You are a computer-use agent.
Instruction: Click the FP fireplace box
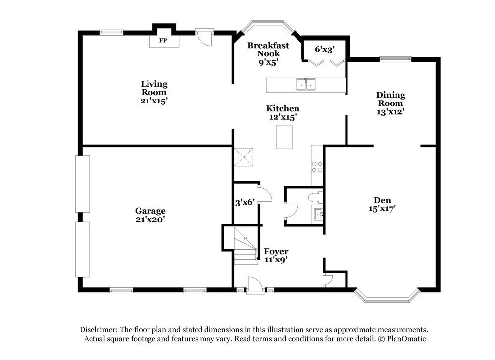[162, 41]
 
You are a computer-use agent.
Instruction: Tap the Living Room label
[154, 88]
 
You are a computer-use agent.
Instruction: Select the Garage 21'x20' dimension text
[150, 219]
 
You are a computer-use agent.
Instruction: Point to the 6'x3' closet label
[325, 49]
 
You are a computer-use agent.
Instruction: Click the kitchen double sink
[306, 85]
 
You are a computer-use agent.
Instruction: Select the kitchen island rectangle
[284, 137]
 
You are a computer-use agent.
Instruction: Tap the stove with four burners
[317, 167]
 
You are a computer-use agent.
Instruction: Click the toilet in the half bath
[315, 198]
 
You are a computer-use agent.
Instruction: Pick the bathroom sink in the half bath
[318, 214]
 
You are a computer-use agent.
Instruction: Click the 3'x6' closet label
[245, 202]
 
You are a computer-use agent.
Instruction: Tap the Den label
[382, 200]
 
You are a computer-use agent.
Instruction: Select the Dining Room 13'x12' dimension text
[391, 112]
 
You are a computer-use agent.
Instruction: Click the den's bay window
[387, 296]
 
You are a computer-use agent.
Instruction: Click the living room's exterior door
[203, 37]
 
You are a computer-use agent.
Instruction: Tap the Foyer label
[276, 251]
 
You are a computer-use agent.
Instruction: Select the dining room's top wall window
[395, 59]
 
